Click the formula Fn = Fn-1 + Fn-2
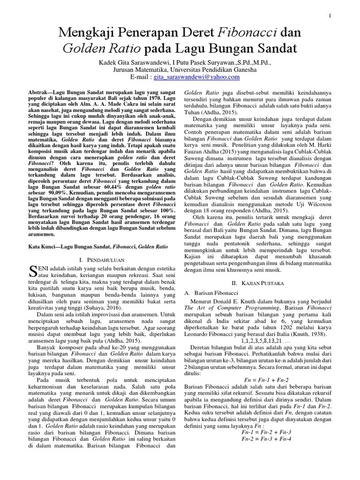tap(267, 378)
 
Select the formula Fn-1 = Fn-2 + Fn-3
tap(265, 432)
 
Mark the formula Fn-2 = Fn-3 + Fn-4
tap(265, 439)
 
